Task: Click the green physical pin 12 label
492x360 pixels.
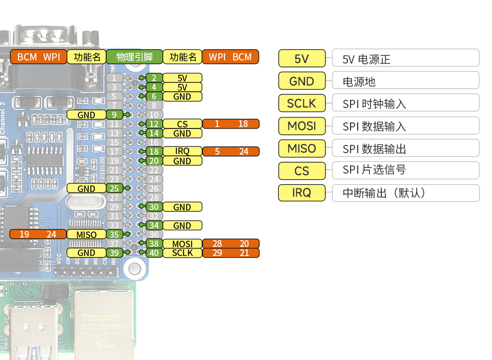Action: point(154,124)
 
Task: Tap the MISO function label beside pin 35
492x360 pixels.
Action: point(86,235)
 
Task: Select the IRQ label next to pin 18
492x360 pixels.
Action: point(182,152)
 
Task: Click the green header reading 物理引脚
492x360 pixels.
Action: point(134,57)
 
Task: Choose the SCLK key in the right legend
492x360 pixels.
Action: point(301,103)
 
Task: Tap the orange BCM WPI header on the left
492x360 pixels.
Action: point(38,57)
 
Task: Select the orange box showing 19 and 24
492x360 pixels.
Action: point(38,235)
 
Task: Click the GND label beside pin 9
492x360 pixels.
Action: point(86,115)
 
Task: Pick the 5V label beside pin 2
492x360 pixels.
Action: point(182,78)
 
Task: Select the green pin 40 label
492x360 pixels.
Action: point(154,253)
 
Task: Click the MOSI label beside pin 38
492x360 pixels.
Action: point(182,244)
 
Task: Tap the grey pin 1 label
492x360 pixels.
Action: point(114,78)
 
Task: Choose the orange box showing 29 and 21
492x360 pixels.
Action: point(231,253)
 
